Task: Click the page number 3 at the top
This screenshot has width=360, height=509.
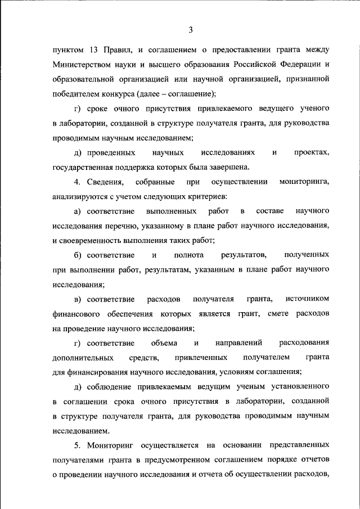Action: (x=191, y=29)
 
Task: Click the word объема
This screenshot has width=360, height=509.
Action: (x=164, y=343)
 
